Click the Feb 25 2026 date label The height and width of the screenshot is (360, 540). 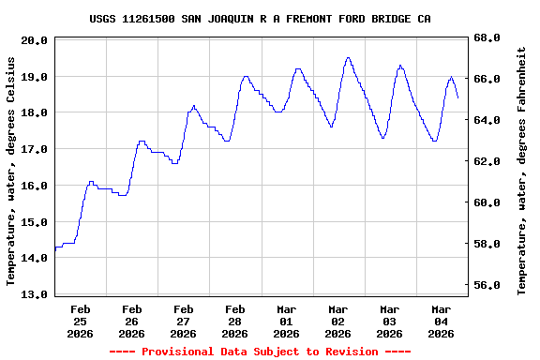coord(80,321)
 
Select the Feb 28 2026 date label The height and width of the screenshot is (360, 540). coord(234,321)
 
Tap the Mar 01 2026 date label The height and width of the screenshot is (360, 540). coord(286,321)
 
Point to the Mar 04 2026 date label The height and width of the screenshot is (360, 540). coord(441,321)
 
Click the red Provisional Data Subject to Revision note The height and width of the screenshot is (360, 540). coord(260,352)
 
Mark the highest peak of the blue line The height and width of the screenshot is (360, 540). coord(349,57)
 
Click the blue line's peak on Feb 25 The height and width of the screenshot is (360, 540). coord(91,182)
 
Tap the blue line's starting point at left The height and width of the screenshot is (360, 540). coord(55,248)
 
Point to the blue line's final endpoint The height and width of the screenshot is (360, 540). coord(457,97)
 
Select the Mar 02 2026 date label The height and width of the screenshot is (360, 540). coord(337,321)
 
